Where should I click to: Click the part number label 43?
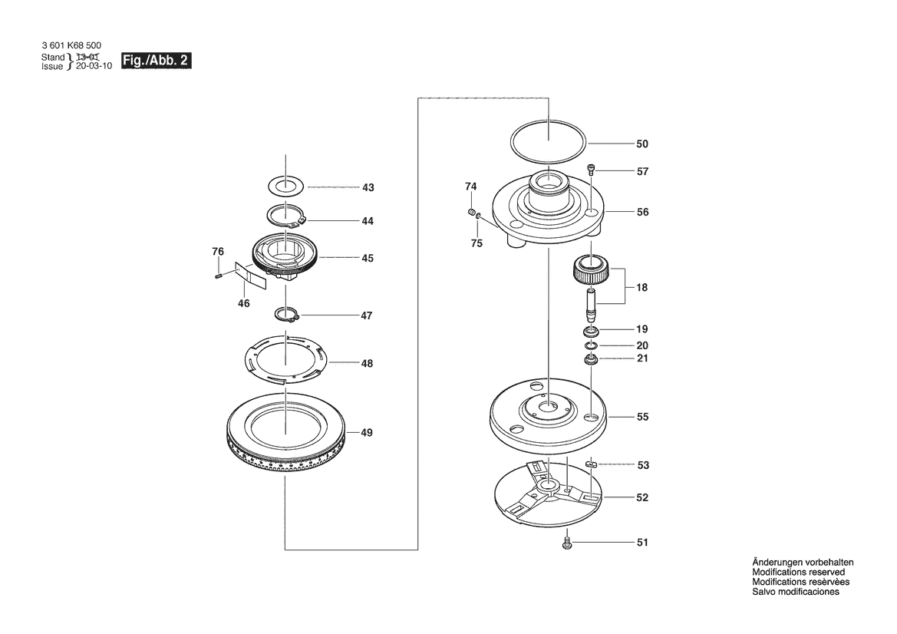coord(368,187)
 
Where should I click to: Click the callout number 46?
coord(243,304)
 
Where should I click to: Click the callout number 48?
coord(367,363)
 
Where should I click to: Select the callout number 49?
coord(367,433)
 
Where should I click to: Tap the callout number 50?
coord(642,144)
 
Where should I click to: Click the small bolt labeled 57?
coord(592,170)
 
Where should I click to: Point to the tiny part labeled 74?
coord(470,211)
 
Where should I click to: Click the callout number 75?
coord(477,243)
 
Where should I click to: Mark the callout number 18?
coord(642,288)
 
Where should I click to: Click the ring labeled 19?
coord(591,331)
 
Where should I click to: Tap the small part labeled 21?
coord(592,359)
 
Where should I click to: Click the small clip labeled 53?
coord(591,464)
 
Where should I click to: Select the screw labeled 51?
coord(568,542)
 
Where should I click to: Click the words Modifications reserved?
coord(798,573)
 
